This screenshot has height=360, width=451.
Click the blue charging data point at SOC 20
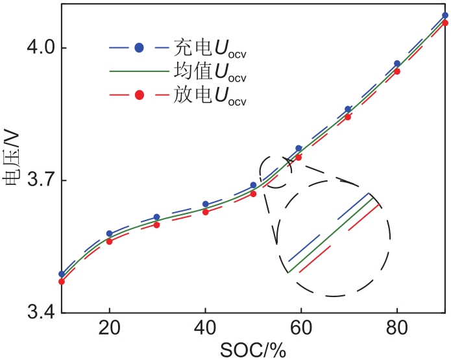[109, 234]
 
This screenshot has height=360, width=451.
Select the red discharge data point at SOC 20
[109, 241]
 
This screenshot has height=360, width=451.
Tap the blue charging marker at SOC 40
[206, 204]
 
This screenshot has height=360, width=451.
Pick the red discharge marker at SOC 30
[157, 225]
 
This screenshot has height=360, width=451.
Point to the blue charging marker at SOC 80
[397, 64]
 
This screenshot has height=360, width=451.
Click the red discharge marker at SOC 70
[348, 117]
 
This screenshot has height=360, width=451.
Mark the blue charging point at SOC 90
[445, 15]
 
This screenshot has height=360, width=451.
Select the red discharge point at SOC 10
[62, 282]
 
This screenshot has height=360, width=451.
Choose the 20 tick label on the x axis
[109, 329]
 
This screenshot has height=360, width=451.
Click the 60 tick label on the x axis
[301, 329]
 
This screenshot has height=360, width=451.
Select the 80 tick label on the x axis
[397, 329]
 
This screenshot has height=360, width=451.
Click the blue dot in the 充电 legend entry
[139, 47]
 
